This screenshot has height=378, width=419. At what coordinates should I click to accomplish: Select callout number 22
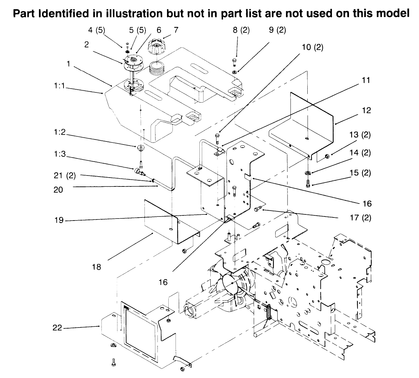coord(57,328)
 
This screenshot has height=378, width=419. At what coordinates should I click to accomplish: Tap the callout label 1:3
coord(60,154)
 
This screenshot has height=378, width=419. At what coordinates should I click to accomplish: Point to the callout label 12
coord(366,111)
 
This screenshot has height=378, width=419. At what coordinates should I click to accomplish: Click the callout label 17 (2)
coord(361,217)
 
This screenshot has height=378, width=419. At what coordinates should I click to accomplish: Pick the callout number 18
coord(97,267)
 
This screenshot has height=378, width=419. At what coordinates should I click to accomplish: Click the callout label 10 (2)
coord(312,47)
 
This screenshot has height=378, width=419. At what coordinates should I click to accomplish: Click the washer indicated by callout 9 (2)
coord(235,72)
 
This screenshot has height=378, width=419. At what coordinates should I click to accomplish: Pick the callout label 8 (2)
coord(241,30)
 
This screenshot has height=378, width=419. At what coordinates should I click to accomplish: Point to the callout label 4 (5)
coord(97,30)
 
